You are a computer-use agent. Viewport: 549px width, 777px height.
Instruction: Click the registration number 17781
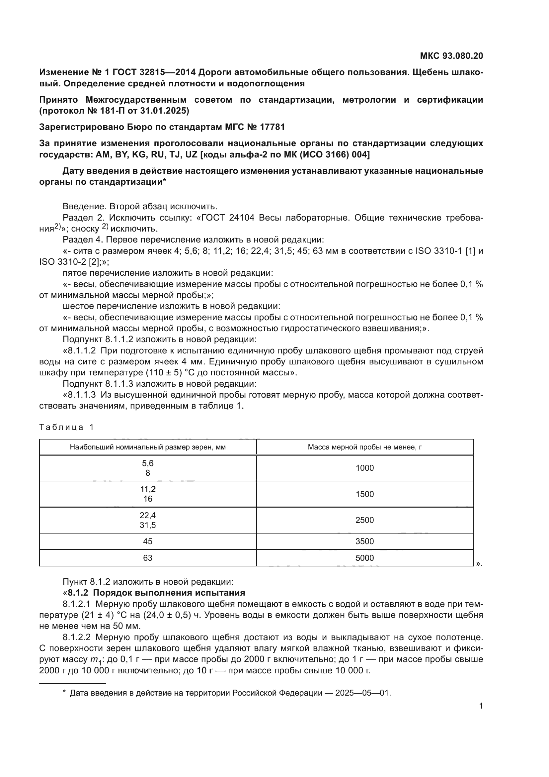[272, 127]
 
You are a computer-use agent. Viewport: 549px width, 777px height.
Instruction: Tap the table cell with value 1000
[364, 468]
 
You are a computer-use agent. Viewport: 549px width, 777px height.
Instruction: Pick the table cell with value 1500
[364, 494]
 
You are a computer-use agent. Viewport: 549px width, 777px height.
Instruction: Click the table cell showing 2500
[364, 520]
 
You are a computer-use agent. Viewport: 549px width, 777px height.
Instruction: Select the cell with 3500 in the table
[364, 541]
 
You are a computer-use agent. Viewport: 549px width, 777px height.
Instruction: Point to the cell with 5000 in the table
[364, 558]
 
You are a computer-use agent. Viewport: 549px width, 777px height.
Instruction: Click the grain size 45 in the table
[148, 541]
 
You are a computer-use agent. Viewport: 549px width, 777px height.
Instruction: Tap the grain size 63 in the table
[148, 558]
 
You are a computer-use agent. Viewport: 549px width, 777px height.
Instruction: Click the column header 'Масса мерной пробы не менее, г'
[364, 447]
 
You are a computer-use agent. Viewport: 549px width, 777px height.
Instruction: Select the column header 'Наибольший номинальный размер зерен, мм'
[148, 447]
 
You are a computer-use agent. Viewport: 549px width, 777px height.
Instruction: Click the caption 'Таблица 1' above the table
[66, 427]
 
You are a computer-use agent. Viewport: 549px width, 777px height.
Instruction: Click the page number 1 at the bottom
[481, 706]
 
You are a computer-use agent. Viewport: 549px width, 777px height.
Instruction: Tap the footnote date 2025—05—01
[362, 690]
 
